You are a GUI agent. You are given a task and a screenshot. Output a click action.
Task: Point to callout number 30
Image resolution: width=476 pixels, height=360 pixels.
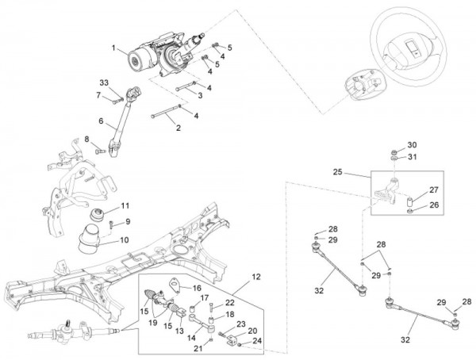point(411,145)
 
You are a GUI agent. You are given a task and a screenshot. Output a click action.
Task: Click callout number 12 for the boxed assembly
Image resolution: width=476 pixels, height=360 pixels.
point(255,277)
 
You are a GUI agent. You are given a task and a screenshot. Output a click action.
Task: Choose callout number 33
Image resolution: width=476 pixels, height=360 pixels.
point(104,83)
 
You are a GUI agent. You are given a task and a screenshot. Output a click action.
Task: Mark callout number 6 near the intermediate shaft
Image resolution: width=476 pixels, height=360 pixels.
point(102,121)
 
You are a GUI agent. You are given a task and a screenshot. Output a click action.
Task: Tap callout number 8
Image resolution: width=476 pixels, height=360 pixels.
point(86,140)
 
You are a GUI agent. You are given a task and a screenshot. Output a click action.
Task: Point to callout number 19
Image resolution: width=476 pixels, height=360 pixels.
point(153,323)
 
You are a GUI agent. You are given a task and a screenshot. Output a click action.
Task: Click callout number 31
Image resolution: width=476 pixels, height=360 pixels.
point(411,157)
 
